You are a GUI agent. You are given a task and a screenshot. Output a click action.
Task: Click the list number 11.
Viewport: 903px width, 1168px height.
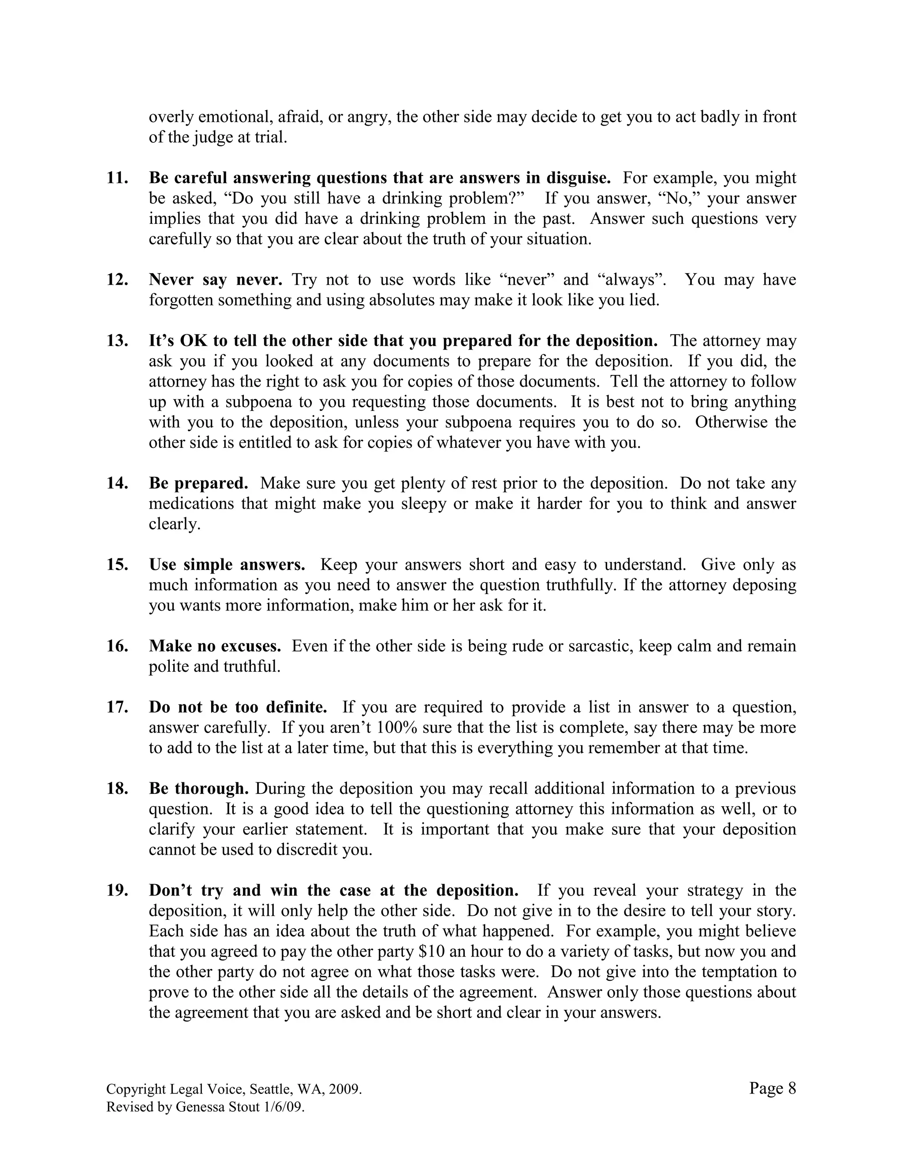(117, 178)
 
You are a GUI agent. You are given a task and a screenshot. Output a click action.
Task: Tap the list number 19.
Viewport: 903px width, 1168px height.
(117, 890)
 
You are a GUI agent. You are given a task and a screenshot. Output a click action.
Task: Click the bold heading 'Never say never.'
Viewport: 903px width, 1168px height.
(215, 280)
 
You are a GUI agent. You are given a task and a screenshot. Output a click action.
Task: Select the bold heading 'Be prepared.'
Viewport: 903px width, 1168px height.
(198, 484)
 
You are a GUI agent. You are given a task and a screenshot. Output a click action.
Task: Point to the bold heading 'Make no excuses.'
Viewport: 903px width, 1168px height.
(215, 646)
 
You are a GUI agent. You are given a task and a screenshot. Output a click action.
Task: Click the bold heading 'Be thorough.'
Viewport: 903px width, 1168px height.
(198, 789)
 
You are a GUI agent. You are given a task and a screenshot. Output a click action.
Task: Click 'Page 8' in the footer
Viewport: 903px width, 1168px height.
(772, 1088)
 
